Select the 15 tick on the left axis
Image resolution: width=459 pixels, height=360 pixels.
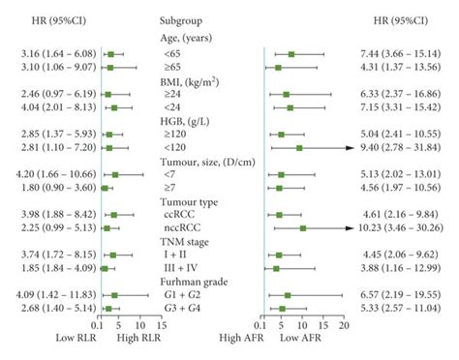161,327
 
